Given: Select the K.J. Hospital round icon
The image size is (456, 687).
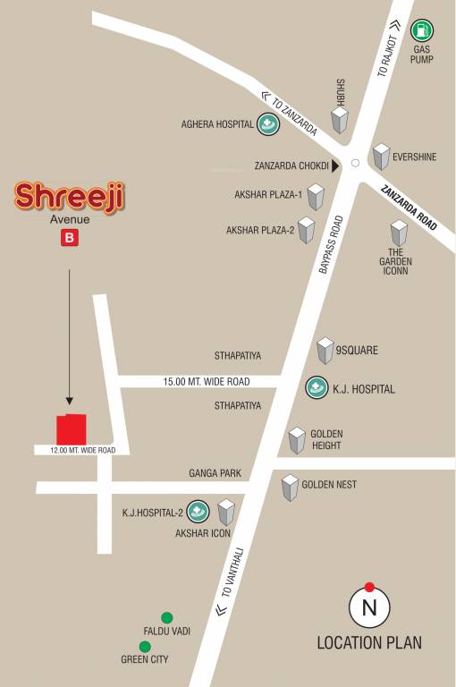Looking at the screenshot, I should pos(317,387).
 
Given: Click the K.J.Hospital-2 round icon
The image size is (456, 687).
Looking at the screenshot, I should pos(198,513).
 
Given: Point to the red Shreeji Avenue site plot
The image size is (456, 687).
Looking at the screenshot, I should pos(72,428).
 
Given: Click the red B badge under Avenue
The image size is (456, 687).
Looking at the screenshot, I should pos(69,238).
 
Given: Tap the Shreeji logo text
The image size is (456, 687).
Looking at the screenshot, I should pos(70,197).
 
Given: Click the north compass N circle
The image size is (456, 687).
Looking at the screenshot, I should pos(369,609).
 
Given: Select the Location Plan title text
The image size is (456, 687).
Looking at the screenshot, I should pos(369,642).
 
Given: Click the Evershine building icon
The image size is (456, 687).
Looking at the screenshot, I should pos(382,157).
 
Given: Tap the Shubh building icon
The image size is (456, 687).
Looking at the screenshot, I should pos(340,121).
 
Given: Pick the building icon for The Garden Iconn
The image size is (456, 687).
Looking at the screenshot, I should pos(398,233).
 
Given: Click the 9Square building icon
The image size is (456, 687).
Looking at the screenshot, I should pos(325,351).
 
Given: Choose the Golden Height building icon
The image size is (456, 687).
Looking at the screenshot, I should pos(297,439).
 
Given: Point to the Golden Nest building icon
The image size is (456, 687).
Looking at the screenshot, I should pos(290,487).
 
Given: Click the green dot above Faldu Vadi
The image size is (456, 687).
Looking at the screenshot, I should pos(166,617).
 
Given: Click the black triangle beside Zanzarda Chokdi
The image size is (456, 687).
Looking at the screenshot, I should pos(335,165).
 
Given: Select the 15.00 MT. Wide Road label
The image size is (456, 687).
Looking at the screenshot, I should pos(207,382).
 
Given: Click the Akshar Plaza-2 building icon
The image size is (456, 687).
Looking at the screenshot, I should pos(307,230).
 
